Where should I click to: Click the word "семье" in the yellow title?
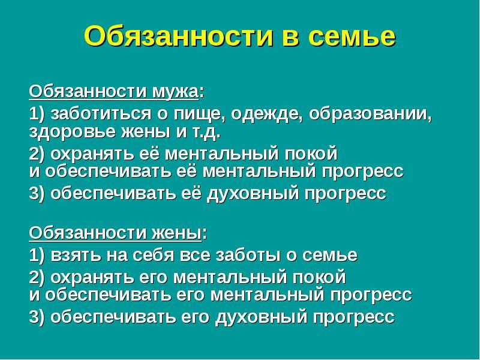coord(353,37)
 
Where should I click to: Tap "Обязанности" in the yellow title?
coord(178,36)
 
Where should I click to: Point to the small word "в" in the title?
coord(291,37)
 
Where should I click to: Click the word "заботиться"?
coord(101,114)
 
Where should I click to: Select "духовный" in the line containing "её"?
coord(253,194)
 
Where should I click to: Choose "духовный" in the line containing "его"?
coord(261,317)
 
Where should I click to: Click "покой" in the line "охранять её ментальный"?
coord(311,153)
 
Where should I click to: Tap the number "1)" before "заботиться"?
coord(37,115)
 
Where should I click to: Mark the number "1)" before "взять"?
coord(37,256)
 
